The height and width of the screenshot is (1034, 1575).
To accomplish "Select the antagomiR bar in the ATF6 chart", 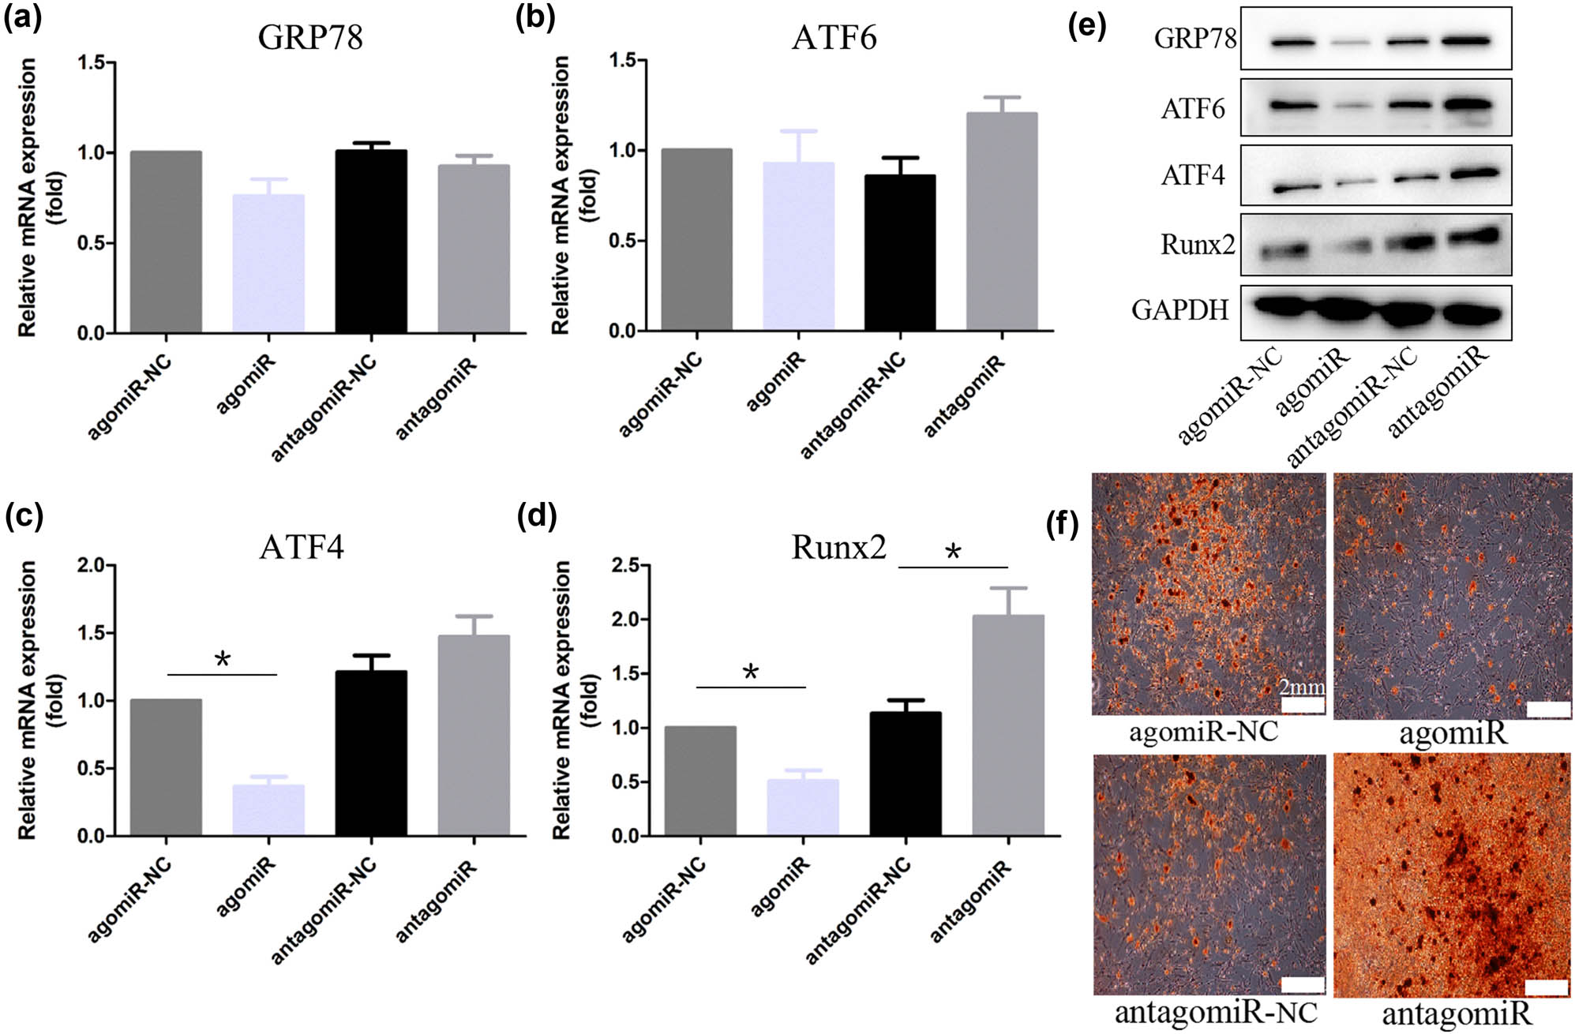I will (1002, 221).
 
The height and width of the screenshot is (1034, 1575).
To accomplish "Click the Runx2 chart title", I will (838, 547).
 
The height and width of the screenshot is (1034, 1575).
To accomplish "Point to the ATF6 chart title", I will (834, 38).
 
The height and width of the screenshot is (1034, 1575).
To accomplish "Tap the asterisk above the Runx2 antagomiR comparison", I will (953, 552).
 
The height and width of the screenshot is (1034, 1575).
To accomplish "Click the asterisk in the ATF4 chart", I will (223, 659).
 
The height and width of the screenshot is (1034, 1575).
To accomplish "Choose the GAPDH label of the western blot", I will (1180, 310).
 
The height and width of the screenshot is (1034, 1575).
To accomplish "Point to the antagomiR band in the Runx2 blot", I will (1470, 234).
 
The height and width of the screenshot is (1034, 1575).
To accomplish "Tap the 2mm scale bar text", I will (1302, 687).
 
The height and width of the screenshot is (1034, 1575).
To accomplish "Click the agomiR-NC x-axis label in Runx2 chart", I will (663, 900).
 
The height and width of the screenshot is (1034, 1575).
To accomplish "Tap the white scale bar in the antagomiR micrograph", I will (1546, 987).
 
